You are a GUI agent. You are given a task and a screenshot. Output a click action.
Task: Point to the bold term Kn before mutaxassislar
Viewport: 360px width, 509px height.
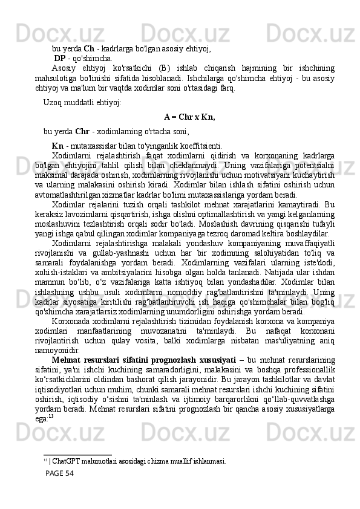click(x=58, y=145)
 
